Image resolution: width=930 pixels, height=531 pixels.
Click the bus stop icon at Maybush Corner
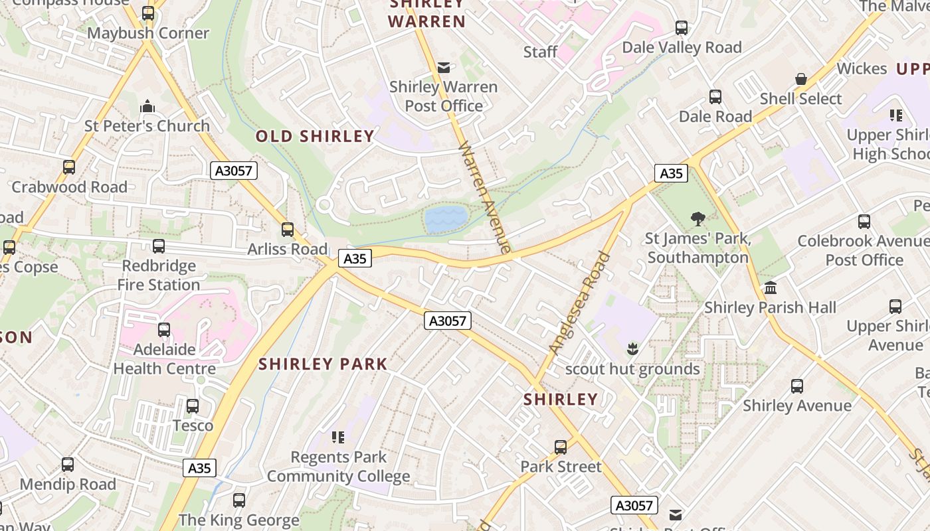pyautogui.click(x=148, y=13)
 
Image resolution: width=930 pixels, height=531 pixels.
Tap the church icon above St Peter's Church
pyautogui.click(x=147, y=106)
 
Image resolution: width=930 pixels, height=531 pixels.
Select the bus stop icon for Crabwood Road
pyautogui.click(x=69, y=167)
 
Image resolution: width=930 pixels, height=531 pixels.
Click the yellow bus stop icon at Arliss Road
pyautogui.click(x=288, y=230)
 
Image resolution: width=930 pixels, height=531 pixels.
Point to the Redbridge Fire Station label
pyautogui.click(x=159, y=275)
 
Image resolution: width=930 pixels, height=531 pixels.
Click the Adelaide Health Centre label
pyautogui.click(x=165, y=359)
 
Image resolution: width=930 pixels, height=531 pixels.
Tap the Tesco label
pyautogui.click(x=193, y=425)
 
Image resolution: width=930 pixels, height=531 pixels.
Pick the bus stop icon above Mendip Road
pyautogui.click(x=68, y=465)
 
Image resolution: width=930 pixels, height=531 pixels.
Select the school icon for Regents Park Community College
pyautogui.click(x=338, y=437)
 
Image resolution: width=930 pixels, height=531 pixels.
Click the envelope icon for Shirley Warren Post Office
pyautogui.click(x=444, y=68)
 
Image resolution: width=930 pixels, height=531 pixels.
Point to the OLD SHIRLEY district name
pyautogui.click(x=316, y=137)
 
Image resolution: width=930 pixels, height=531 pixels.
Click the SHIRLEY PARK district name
pyautogui.click(x=323, y=364)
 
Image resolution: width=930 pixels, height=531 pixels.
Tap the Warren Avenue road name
pyautogui.click(x=486, y=197)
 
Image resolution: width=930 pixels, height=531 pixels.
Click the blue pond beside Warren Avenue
pyautogui.click(x=446, y=219)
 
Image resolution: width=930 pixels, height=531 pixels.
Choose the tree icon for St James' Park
pyautogui.click(x=697, y=218)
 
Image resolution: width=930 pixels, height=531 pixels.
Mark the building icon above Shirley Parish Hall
pyautogui.click(x=771, y=288)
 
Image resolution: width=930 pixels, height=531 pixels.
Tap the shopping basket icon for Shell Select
pyautogui.click(x=801, y=79)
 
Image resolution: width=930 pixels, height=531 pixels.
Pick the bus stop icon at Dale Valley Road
pyautogui.click(x=682, y=28)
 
